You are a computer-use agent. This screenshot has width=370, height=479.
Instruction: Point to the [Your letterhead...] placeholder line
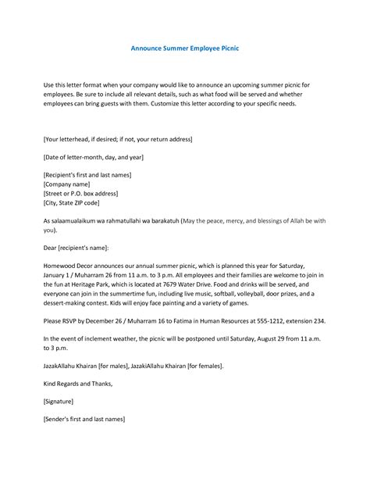[117, 139]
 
